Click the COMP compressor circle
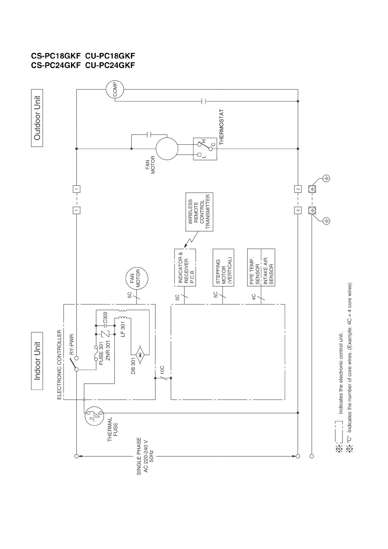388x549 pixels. click(x=115, y=89)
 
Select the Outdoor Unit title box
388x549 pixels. click(x=37, y=118)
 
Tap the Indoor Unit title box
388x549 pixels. click(x=37, y=361)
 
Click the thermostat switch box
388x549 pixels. click(x=205, y=149)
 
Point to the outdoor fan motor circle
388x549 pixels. click(x=167, y=149)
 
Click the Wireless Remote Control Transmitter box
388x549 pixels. click(x=199, y=212)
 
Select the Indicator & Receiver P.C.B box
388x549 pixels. click(x=185, y=268)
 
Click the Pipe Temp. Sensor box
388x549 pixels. click(x=254, y=268)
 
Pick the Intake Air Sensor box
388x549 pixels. click(x=268, y=268)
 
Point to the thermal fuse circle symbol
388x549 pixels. click(x=95, y=416)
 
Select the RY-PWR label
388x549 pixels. click(x=72, y=344)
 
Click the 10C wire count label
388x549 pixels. click(x=162, y=370)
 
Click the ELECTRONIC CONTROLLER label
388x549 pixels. click(x=59, y=364)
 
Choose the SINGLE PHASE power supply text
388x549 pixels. click(x=139, y=456)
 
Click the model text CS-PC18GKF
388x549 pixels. click(x=56, y=56)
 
